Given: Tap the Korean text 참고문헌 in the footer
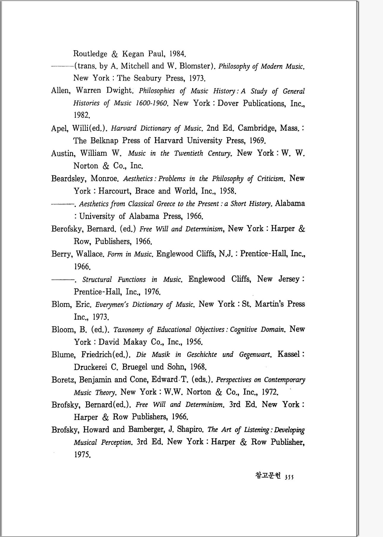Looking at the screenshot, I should (x=267, y=475).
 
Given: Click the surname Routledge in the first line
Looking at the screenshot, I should (x=90, y=54).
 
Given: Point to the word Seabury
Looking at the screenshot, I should (x=148, y=78).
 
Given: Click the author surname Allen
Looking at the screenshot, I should (x=60, y=90).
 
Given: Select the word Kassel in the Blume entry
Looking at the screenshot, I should (x=289, y=354).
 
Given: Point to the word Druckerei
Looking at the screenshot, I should (x=90, y=367).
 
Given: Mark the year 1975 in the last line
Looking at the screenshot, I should (x=82, y=455).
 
